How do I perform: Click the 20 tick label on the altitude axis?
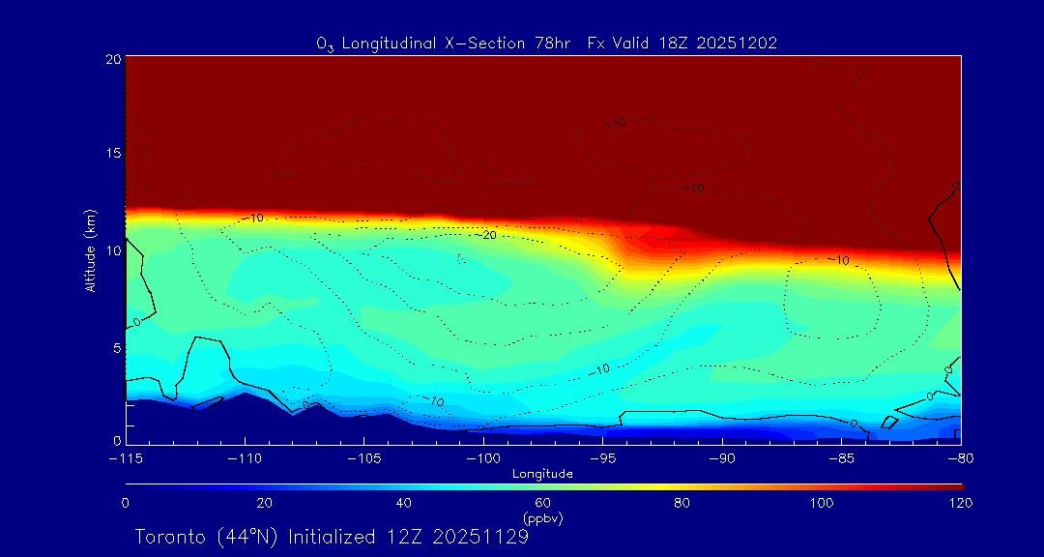tap(113, 59)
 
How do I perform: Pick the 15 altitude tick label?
tap(113, 154)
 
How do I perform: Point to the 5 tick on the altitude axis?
tap(117, 346)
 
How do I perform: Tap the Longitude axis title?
tap(543, 474)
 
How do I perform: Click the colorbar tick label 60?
tap(543, 503)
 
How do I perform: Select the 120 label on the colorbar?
tap(961, 503)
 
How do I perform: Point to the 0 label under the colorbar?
tap(126, 503)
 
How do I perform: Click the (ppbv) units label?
tap(543, 518)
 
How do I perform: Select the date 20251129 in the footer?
tap(479, 537)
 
